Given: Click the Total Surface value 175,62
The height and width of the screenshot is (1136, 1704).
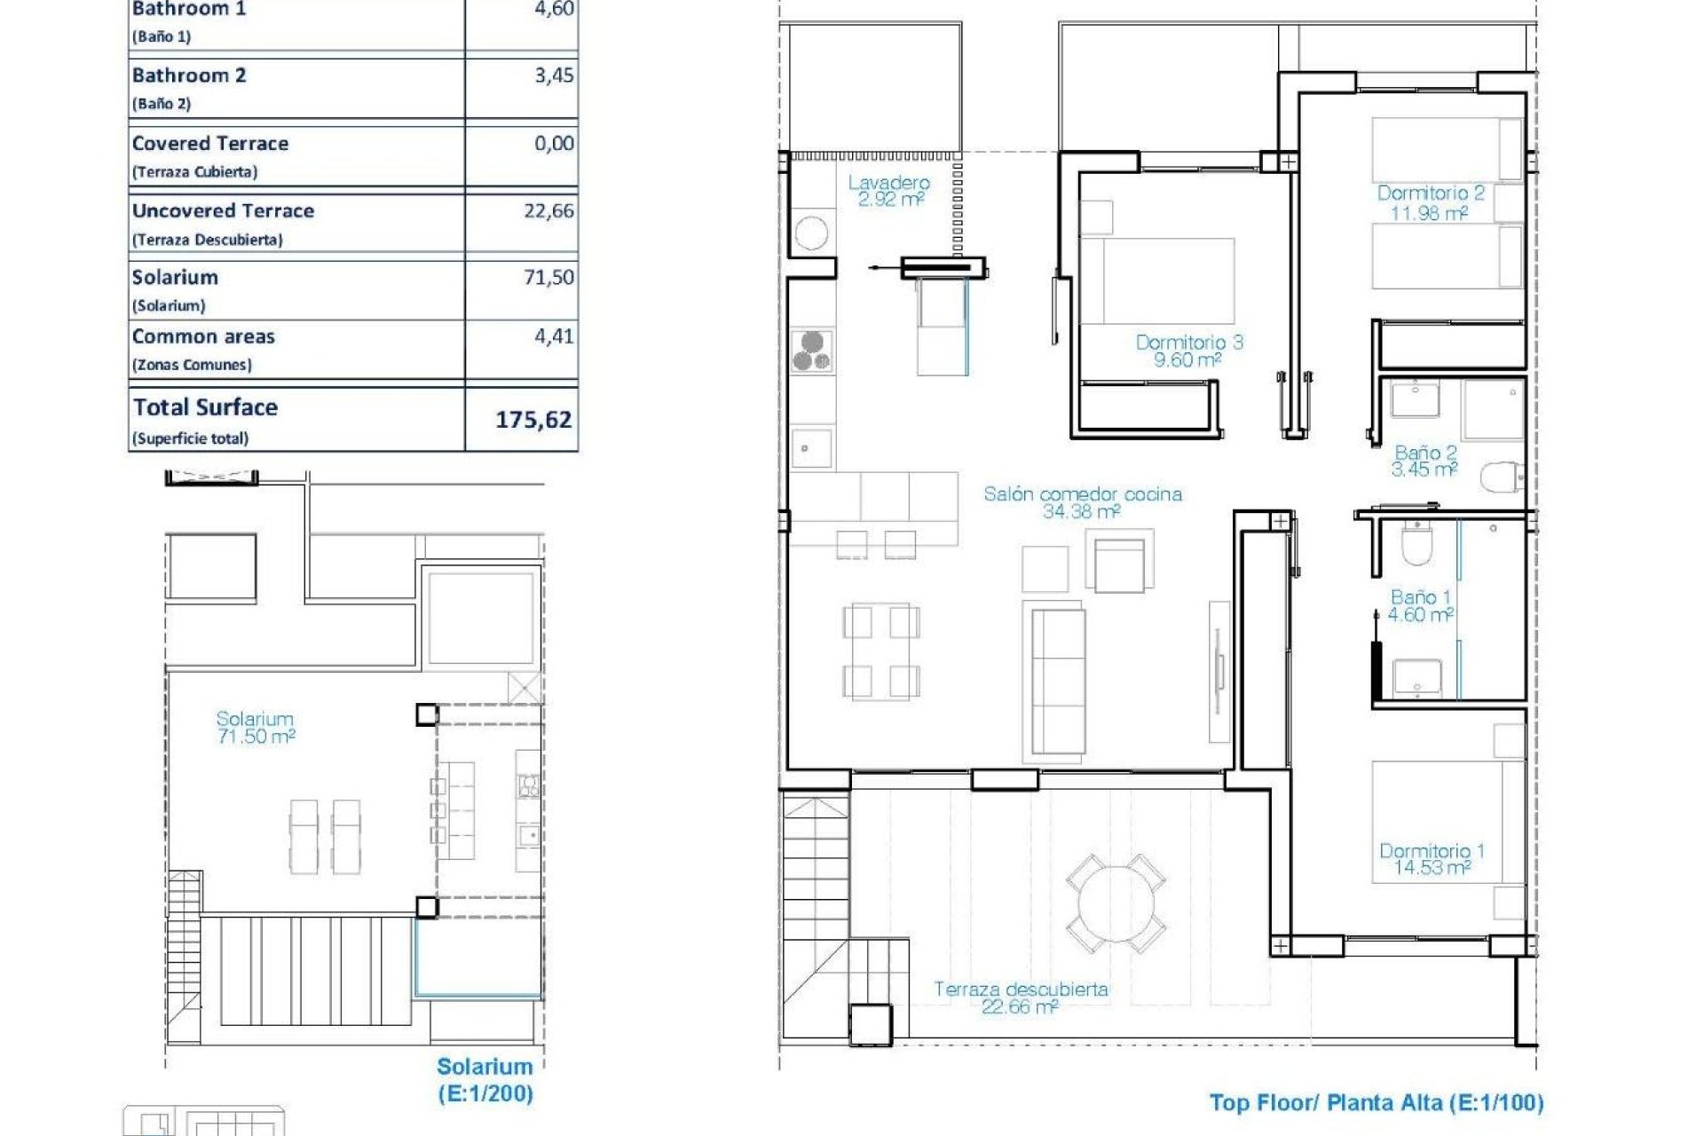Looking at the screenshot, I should (532, 419).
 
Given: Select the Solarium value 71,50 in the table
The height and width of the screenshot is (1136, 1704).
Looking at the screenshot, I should (548, 277).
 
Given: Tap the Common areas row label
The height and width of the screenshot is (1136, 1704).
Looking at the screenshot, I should (203, 337).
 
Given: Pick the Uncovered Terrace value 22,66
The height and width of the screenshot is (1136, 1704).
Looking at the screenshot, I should (548, 211).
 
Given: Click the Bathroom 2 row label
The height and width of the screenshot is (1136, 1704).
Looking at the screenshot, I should (189, 76).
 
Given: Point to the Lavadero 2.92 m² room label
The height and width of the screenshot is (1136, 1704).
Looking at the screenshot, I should (888, 191).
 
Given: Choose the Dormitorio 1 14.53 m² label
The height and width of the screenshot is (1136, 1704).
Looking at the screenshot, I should (1431, 859).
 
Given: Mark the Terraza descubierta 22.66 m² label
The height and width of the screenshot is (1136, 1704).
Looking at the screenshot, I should (1021, 998).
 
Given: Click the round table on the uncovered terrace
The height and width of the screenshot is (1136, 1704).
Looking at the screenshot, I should (1116, 904).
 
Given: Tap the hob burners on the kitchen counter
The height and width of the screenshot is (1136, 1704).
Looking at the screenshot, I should (812, 350).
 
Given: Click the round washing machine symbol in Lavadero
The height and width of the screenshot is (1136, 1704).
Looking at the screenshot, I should (811, 233).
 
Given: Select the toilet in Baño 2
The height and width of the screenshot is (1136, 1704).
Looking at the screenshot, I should (1501, 477).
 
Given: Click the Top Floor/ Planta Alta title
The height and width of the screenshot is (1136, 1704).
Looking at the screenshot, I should (1376, 1103).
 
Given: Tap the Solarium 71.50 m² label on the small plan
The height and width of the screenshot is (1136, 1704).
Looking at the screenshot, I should (255, 727).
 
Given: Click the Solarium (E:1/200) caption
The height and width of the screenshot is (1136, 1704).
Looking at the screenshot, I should (485, 1079).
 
